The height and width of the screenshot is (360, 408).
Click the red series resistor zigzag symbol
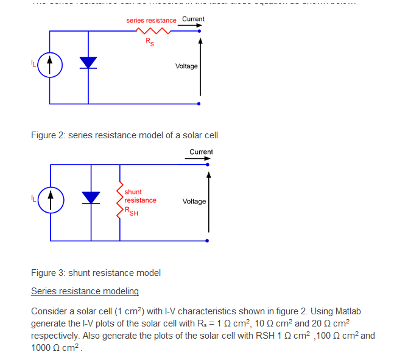(152, 31)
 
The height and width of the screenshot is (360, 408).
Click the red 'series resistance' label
(151, 20)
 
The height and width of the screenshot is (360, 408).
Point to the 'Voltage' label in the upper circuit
(186, 66)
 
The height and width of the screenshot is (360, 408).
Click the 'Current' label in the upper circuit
(193, 19)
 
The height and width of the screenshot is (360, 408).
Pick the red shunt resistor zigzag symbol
(119, 200)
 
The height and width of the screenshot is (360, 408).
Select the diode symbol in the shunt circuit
(91, 197)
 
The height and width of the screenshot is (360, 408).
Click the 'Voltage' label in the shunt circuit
(194, 201)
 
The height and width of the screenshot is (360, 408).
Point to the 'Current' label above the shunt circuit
(201, 152)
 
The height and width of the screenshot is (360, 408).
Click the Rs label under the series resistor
(149, 42)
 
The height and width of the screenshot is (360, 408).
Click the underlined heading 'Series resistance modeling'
(85, 291)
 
